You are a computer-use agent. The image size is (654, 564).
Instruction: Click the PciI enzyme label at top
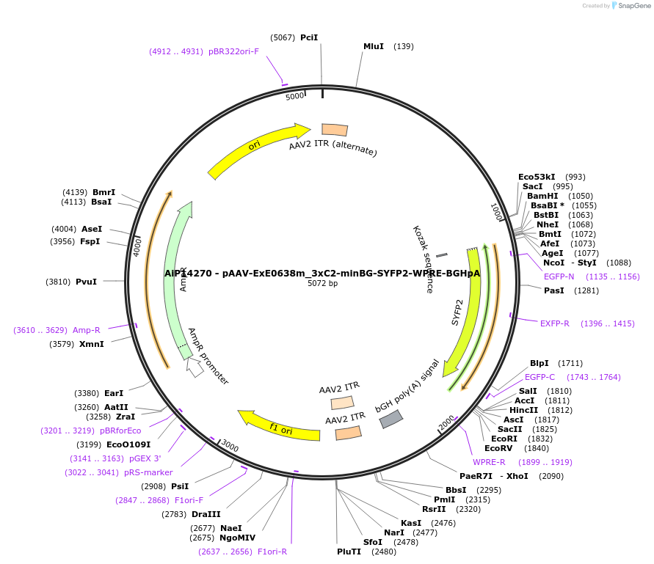coord(309,37)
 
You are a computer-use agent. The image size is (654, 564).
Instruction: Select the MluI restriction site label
coord(374,46)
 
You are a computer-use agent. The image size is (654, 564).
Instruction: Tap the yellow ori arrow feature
coord(257,151)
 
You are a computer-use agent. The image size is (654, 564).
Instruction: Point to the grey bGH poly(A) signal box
coord(390,419)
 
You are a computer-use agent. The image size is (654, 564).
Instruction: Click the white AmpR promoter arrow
coord(195,366)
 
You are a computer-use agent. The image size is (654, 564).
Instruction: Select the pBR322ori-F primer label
coord(233,51)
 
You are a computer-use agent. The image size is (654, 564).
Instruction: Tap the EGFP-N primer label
coord(559,276)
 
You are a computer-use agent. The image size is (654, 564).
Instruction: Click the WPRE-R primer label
coord(489,462)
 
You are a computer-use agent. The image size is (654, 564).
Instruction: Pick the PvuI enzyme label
coord(86,281)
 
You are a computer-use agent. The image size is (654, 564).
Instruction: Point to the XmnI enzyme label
coord(92,344)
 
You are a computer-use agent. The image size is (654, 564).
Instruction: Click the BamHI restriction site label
coord(542,196)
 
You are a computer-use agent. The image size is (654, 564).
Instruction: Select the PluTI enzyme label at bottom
coord(349,552)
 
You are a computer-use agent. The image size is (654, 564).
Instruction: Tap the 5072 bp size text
coord(322,284)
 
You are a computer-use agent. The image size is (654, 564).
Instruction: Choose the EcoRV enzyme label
coord(499,448)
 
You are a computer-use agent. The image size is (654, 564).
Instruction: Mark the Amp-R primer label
coord(87,330)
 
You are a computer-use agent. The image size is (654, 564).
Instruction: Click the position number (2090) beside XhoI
coord(551,476)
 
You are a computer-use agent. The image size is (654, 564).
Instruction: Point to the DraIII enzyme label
coord(206,514)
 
